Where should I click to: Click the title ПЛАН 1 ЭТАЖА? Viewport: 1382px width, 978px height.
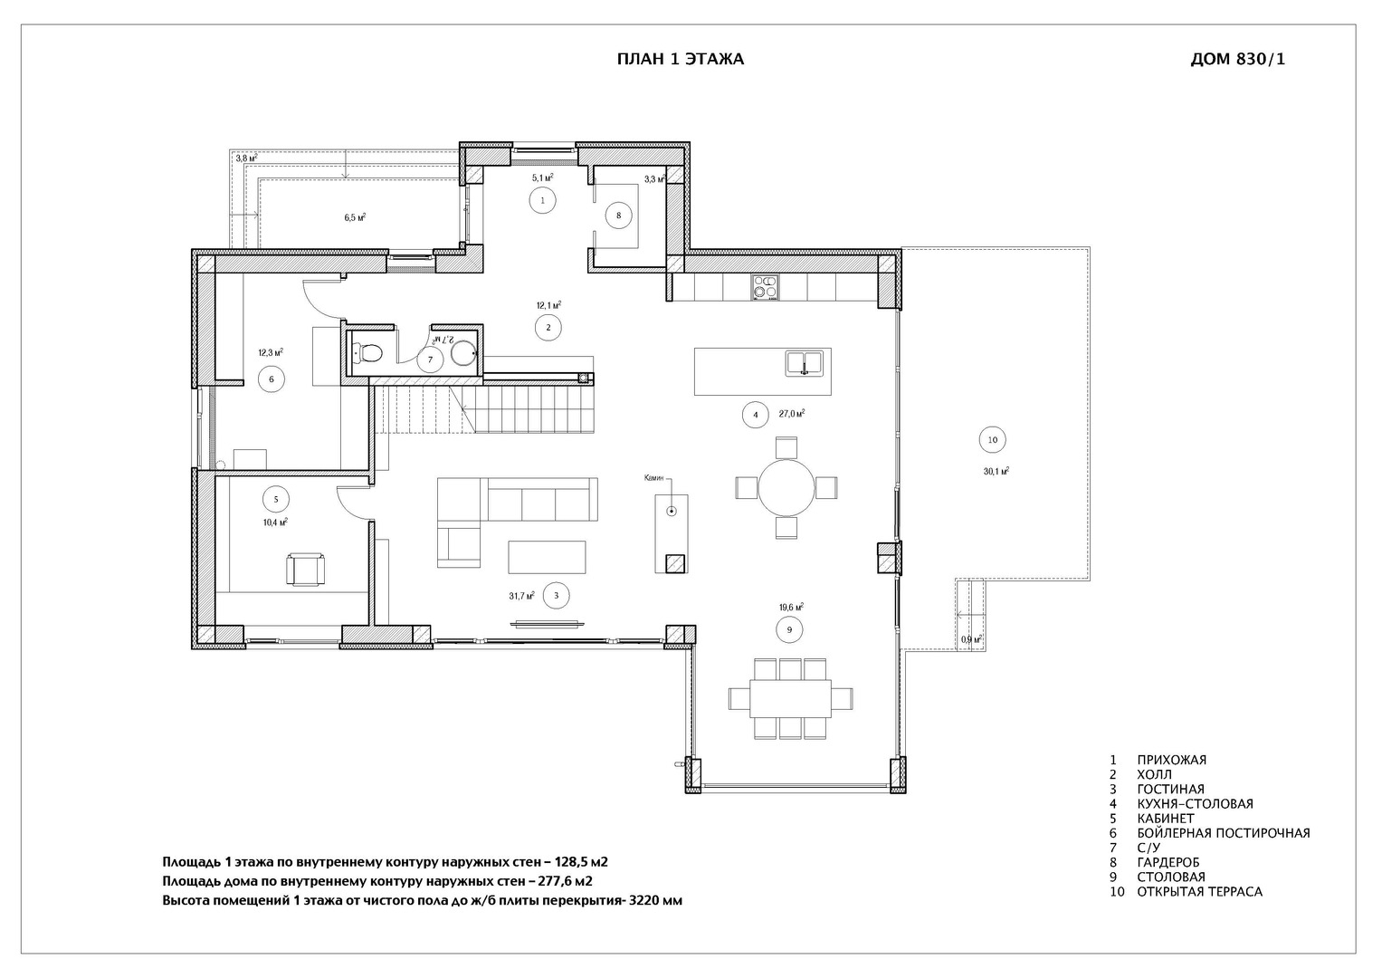click(680, 60)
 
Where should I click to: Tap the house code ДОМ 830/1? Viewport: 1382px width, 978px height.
click(1237, 60)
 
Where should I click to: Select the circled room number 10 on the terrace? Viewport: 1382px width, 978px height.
click(992, 440)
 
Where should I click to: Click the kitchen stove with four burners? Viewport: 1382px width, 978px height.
click(764, 286)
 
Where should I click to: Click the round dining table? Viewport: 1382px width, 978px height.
click(786, 487)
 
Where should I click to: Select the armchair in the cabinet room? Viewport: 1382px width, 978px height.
click(304, 570)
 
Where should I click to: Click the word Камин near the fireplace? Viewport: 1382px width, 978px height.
click(654, 477)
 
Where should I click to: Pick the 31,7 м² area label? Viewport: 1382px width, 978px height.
click(521, 596)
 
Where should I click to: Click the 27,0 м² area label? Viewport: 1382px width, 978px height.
click(791, 414)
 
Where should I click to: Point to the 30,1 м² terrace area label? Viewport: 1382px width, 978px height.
click(996, 471)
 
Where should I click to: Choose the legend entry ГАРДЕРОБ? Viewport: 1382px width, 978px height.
click(1168, 862)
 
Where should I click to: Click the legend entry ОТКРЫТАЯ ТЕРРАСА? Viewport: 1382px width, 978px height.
click(1199, 891)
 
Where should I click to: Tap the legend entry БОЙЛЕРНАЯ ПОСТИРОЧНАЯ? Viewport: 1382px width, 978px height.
click(1223, 833)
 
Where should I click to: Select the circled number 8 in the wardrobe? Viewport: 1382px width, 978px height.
click(618, 216)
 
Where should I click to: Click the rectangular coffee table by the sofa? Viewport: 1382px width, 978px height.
click(547, 557)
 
